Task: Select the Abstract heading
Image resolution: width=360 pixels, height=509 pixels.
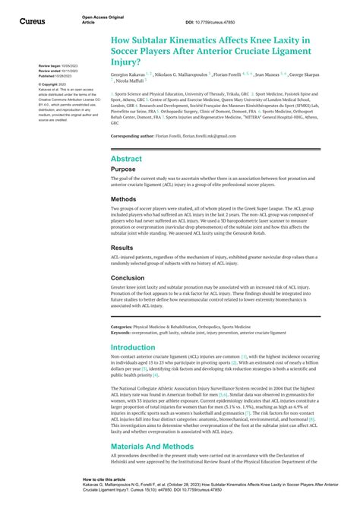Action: point(126,159)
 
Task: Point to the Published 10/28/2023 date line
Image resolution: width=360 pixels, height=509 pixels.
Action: point(58,77)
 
